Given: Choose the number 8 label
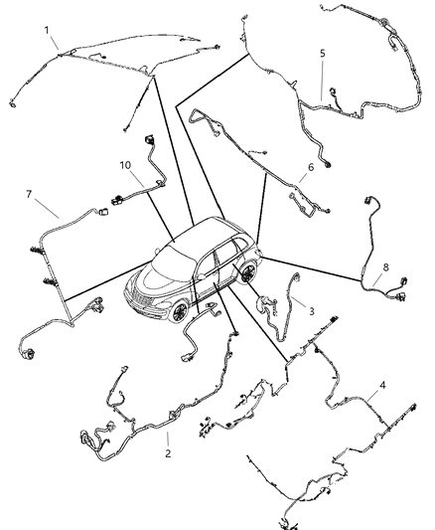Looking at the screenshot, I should (386, 266).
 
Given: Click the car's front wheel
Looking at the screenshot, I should (181, 310).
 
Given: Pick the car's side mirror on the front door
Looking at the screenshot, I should (196, 273).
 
